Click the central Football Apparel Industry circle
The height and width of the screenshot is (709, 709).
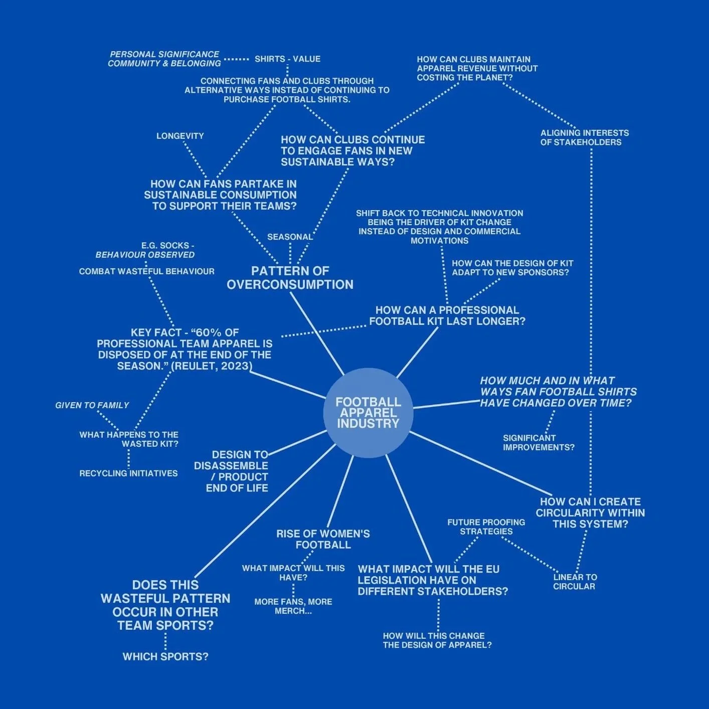[369, 413]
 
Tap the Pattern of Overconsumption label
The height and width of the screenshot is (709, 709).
[290, 278]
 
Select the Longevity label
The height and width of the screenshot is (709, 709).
[180, 136]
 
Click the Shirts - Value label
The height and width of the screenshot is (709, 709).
[287, 59]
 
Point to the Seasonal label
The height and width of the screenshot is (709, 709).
[290, 237]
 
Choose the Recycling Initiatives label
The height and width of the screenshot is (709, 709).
[128, 473]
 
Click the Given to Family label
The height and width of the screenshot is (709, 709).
[92, 405]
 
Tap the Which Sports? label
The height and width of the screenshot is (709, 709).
[165, 656]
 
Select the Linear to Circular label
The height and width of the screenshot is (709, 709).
[575, 582]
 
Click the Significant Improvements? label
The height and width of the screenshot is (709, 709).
[539, 442]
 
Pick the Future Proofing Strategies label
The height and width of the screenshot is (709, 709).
[486, 526]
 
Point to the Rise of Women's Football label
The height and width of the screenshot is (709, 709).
[323, 539]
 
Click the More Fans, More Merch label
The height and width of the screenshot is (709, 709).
[293, 606]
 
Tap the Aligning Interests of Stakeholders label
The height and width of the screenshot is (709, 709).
[584, 137]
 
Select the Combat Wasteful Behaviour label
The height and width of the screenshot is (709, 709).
[146, 271]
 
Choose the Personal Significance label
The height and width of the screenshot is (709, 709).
[164, 54]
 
